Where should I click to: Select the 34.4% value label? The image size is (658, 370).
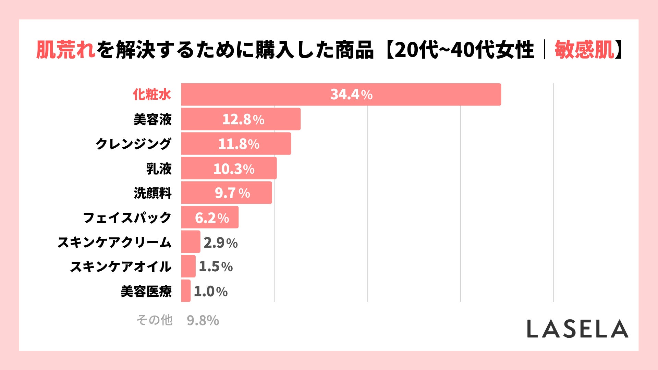point(351,95)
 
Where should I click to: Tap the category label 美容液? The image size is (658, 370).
point(153,120)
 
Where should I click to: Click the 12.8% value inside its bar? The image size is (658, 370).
point(243,120)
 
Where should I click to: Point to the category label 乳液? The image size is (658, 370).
point(159,169)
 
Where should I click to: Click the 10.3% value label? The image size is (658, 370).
point(234,169)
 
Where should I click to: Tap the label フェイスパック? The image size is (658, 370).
point(127,218)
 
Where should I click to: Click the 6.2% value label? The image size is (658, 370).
point(212,218)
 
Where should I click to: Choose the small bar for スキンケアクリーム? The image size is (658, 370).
point(191,242)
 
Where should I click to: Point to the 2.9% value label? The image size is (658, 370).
point(220,243)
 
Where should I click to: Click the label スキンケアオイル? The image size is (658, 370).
point(121,267)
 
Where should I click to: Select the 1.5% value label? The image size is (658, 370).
point(216,267)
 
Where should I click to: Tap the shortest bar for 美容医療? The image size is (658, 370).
point(185,291)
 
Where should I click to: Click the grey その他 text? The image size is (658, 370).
point(154,320)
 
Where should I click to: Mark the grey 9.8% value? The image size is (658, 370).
point(203,321)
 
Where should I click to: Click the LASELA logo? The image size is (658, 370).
point(577,329)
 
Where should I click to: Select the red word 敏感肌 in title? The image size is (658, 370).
point(584,50)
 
